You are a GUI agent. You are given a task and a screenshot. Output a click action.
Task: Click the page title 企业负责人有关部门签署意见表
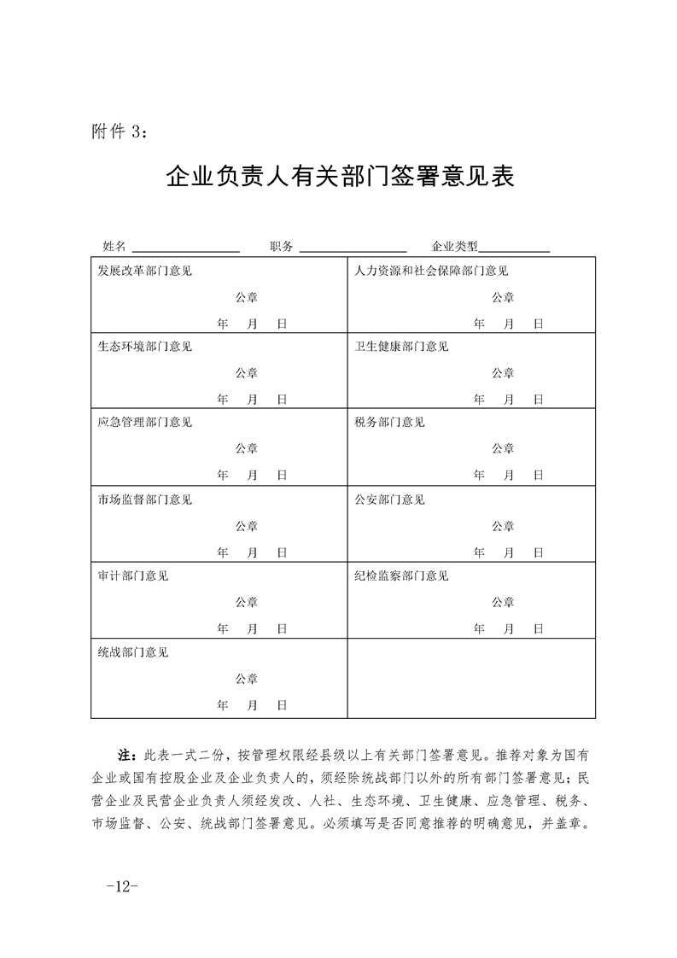coord(339,178)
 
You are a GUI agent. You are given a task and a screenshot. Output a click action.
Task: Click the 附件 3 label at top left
coord(120,132)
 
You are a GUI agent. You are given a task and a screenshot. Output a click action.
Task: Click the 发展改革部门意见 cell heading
coord(145,272)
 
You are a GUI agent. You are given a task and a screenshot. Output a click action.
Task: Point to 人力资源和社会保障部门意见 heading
coord(431,272)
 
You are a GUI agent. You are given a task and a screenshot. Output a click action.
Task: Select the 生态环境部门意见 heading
coord(145,347)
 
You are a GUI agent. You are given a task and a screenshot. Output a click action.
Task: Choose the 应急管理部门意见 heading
coord(145,423)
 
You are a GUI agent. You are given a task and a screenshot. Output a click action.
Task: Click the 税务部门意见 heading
coord(389,423)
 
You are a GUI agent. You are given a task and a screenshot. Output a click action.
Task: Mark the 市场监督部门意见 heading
coord(145,499)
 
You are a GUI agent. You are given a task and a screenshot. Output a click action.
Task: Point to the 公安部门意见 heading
coord(389,499)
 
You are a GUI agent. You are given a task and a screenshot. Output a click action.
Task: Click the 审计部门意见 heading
coord(133,575)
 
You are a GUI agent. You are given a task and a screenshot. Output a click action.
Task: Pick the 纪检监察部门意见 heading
coord(401,575)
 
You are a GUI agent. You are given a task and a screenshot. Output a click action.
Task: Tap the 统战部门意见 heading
coord(133,652)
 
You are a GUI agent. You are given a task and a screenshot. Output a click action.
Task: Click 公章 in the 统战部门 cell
coord(247,679)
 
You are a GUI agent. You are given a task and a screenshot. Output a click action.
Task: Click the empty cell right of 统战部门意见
coord(470,680)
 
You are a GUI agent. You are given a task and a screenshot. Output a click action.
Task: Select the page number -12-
coord(123,885)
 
